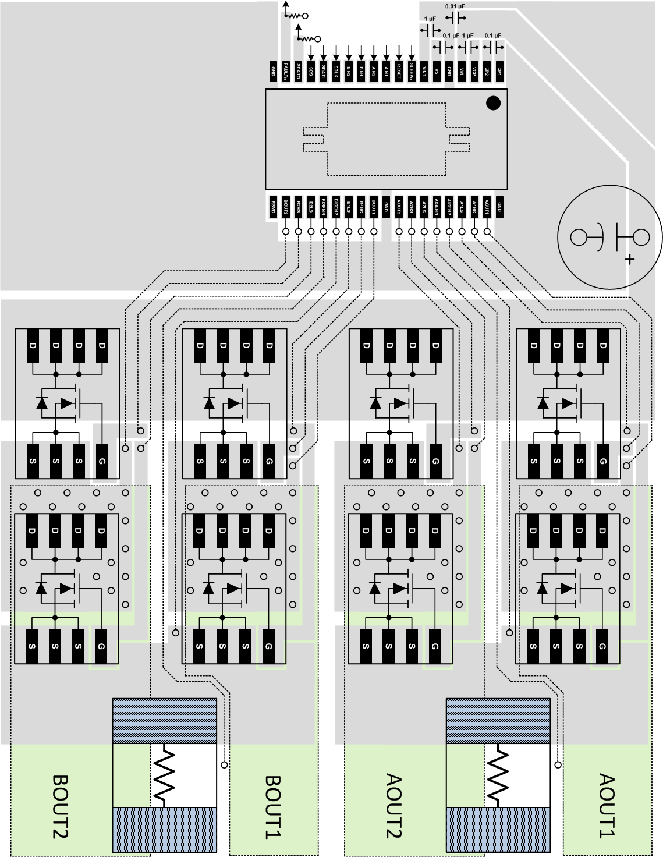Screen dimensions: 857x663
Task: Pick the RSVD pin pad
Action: click(272, 206)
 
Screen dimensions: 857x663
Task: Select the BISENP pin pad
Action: click(336, 206)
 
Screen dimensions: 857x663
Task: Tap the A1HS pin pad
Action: click(474, 206)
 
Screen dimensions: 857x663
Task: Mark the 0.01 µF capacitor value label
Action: click(455, 6)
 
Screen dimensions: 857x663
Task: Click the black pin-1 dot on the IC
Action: click(493, 104)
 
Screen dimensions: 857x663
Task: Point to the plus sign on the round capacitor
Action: click(629, 259)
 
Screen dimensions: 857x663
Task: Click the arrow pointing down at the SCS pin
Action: click(311, 52)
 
